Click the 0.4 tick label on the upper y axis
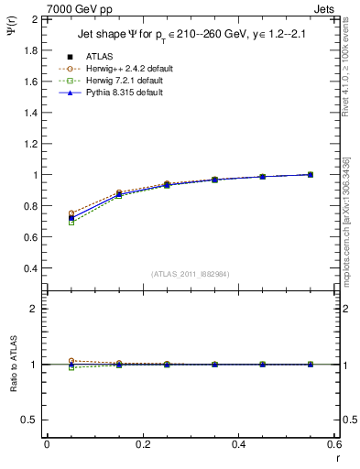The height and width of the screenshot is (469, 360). pos(29,268)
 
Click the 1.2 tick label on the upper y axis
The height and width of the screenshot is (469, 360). pos(29,144)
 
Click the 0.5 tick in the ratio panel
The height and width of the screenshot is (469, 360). pos(29,420)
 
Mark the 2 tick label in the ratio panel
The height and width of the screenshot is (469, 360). pos(35,310)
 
